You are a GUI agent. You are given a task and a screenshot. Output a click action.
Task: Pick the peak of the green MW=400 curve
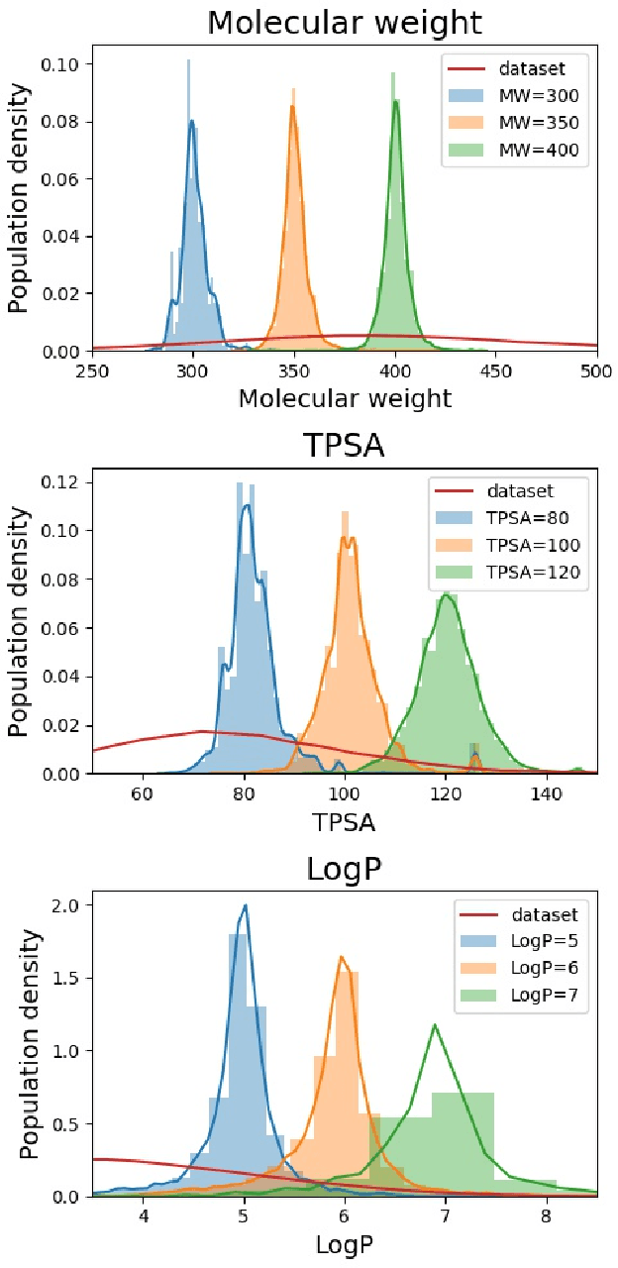[396, 101]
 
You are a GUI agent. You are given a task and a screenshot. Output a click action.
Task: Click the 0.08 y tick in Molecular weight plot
[65, 122]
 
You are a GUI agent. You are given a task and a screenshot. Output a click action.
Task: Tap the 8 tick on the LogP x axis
[546, 1216]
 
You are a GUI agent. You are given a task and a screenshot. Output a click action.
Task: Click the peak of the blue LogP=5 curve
[245, 905]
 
